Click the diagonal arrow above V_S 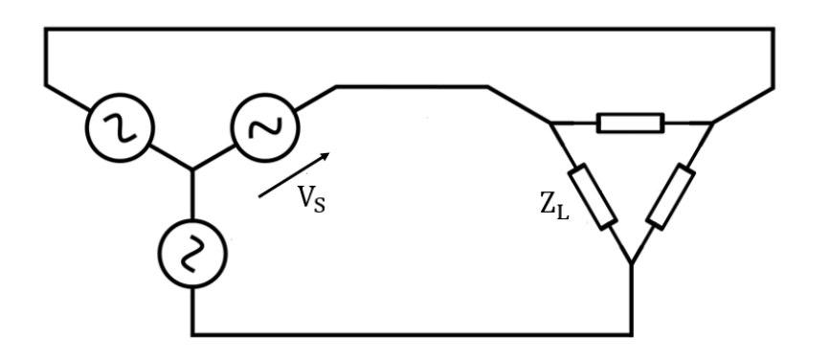296,174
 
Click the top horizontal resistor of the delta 629,123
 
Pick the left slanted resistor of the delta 592,196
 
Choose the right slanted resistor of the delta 670,196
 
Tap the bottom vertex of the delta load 631,262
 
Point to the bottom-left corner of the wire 192,334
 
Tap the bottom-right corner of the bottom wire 631,334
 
